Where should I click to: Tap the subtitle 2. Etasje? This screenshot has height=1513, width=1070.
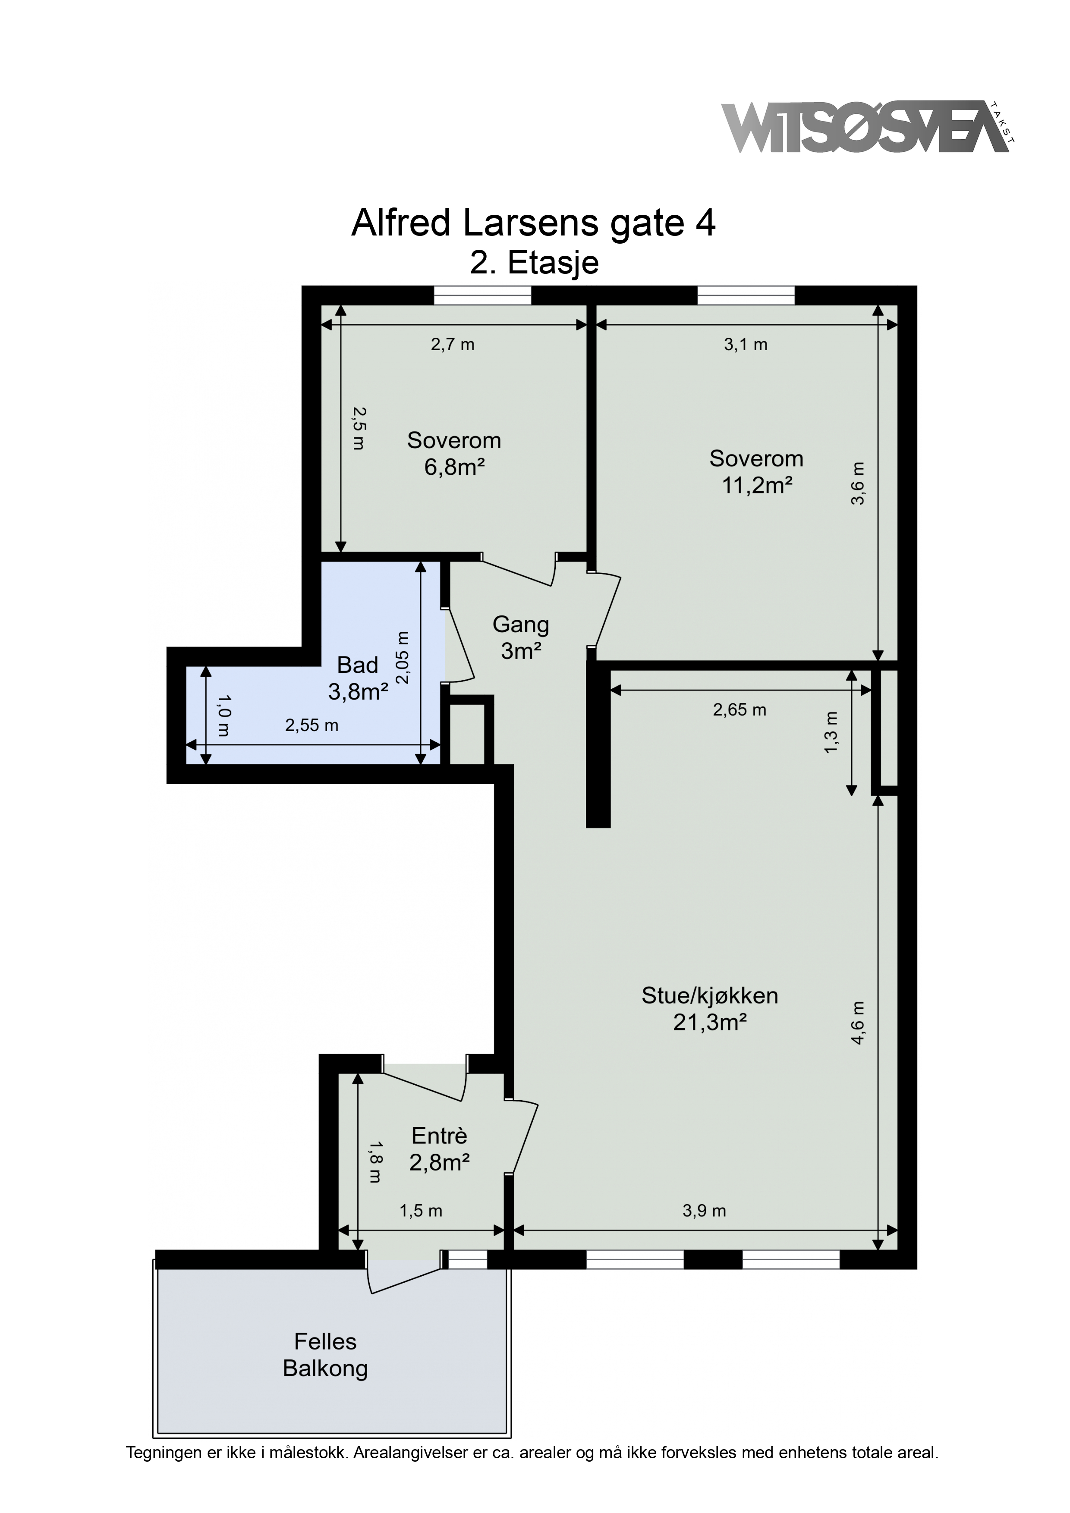[x=534, y=263]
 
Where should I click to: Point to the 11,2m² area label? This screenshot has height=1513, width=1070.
[x=757, y=486]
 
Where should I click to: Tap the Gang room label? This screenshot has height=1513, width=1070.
[x=521, y=625]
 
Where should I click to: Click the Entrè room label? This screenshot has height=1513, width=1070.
[x=439, y=1136]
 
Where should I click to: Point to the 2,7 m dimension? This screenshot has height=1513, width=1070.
[x=453, y=345]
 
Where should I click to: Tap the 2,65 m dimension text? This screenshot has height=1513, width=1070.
[x=740, y=710]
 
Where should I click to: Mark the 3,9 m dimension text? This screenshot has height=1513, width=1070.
[x=704, y=1211]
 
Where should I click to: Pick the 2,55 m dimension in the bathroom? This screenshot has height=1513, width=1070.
[x=312, y=725]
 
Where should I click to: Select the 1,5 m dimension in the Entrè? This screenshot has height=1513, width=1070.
[x=421, y=1211]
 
